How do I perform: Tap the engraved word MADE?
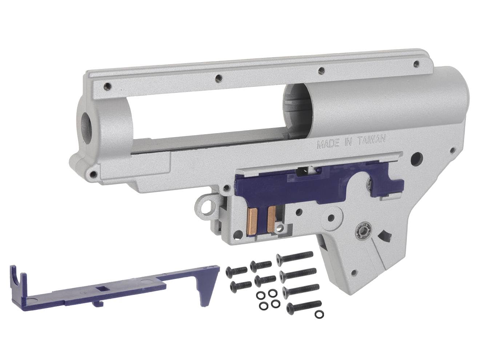click(326, 144)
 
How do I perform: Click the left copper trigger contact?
click(252, 219)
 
